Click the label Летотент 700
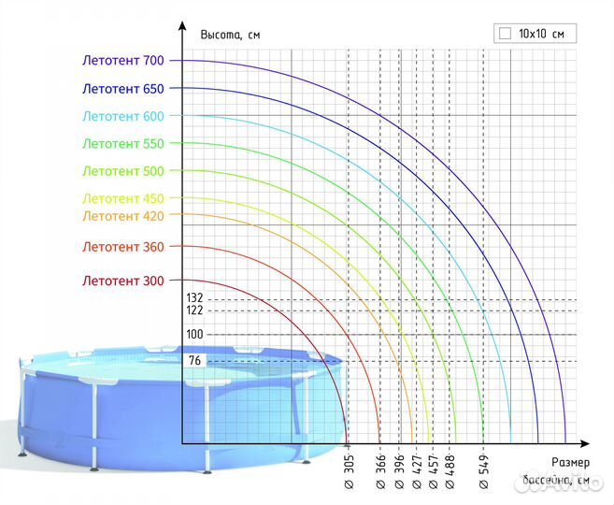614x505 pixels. click(122, 61)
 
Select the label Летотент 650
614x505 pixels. click(122, 89)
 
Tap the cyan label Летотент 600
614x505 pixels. click(122, 116)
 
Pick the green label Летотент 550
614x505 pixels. click(122, 144)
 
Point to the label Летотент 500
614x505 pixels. click(122, 171)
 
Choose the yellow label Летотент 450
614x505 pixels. click(122, 198)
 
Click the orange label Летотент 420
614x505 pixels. click(122, 216)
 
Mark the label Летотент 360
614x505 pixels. click(122, 247)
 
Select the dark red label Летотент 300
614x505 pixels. click(122, 281)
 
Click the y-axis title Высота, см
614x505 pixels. click(230, 35)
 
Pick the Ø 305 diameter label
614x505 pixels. click(348, 474)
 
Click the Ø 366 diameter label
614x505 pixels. click(380, 474)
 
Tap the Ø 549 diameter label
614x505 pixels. click(483, 474)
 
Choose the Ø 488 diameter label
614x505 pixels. click(450, 474)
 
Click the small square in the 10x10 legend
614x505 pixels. click(506, 33)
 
